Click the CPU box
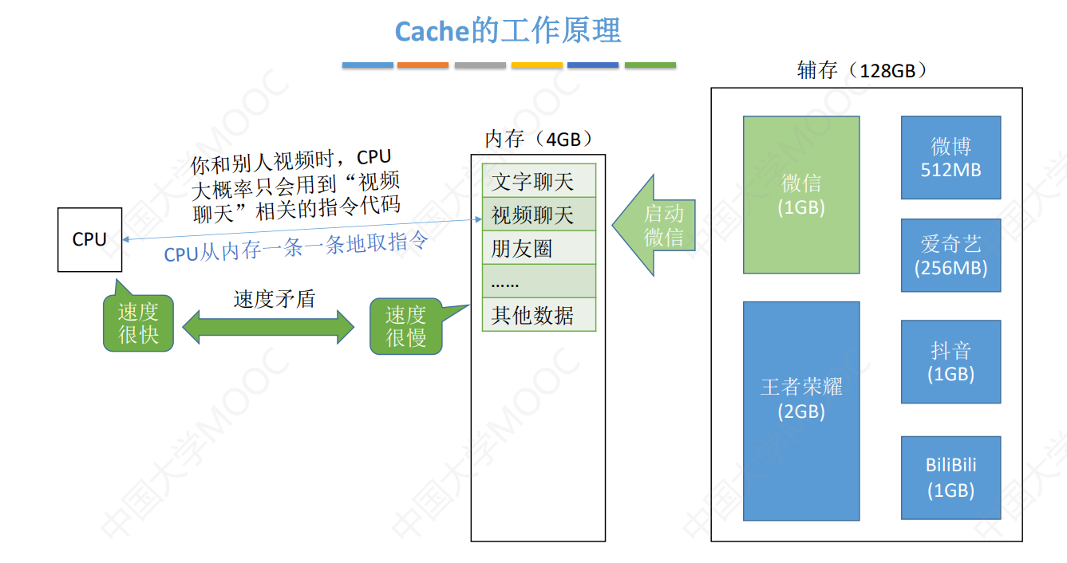[89, 239]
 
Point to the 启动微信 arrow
[655, 225]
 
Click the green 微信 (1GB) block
[800, 195]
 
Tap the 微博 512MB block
[950, 157]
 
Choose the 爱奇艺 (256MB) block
[950, 255]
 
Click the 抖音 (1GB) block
[950, 361]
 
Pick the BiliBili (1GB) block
[950, 477]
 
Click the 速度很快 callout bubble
[138, 323]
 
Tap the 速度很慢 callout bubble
[405, 326]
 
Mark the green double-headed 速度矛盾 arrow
[268, 326]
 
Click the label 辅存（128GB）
[862, 70]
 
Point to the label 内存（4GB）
[539, 140]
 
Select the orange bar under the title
[422, 65]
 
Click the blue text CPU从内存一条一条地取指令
[296, 246]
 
